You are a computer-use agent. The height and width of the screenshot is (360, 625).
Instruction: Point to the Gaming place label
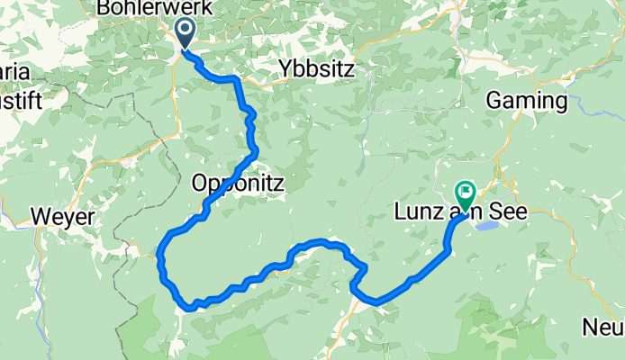(x=528, y=101)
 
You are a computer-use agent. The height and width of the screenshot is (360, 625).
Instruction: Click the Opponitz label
(x=238, y=184)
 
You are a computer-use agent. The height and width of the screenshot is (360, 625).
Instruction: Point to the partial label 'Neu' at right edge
(x=609, y=326)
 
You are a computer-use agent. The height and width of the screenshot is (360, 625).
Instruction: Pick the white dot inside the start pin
(x=186, y=29)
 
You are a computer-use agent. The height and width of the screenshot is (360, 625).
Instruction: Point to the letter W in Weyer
(x=40, y=217)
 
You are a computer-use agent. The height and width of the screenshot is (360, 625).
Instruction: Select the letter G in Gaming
(x=494, y=101)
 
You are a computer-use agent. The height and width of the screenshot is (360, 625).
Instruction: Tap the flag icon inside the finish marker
(x=466, y=189)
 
